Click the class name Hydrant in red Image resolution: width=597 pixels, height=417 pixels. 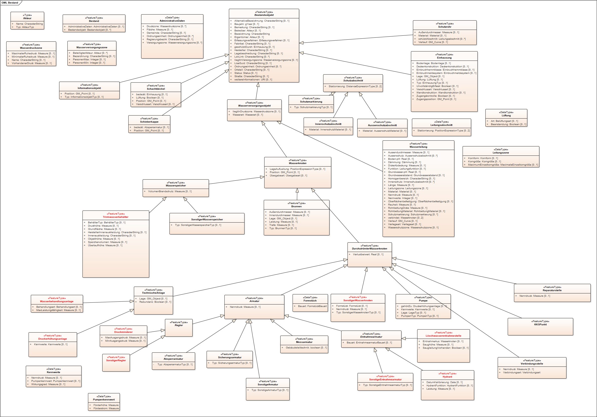click(447, 377)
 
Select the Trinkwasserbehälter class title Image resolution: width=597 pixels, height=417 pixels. click(115, 217)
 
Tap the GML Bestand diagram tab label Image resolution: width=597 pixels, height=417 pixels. click(10, 3)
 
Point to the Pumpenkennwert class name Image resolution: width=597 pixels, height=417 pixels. click(104, 400)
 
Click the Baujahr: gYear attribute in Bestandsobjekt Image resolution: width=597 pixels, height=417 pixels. click(246, 24)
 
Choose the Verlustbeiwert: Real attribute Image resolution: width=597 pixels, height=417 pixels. click(368, 254)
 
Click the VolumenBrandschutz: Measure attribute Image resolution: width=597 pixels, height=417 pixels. click(170, 191)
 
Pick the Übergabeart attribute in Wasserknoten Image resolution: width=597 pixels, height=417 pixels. click(288, 176)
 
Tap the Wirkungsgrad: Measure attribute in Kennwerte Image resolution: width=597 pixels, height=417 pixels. click(48, 384)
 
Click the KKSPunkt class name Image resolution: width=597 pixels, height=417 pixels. click(540, 325)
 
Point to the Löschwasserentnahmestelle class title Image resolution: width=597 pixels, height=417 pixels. click(443, 336)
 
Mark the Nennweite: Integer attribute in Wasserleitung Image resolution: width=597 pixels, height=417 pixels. click(402, 198)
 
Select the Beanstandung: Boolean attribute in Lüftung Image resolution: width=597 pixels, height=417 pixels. click(508, 124)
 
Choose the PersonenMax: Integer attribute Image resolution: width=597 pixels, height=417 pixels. click(89, 59)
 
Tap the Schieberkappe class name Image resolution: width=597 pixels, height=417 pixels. click(149, 122)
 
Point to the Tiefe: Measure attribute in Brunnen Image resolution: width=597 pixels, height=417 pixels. click(281, 225)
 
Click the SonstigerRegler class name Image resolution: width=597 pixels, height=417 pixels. click(116, 360)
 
